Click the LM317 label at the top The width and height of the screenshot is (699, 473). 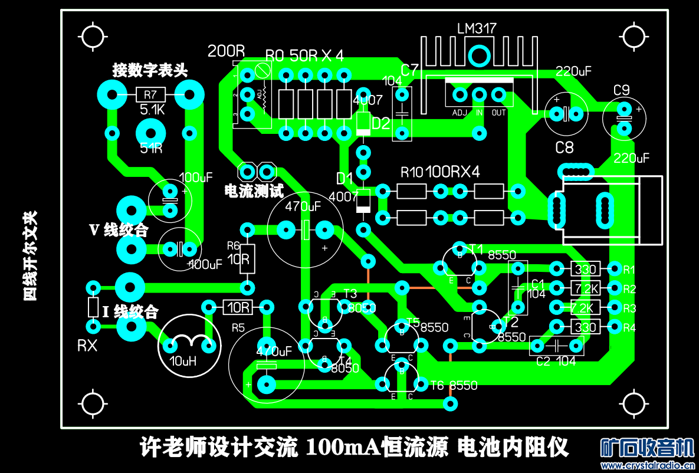[477, 28]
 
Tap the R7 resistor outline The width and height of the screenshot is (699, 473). [150, 94]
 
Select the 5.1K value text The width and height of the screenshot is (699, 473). [152, 110]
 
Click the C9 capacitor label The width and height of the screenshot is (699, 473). [622, 90]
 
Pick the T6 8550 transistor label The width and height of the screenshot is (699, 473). [454, 386]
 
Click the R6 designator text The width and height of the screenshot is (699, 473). [234, 245]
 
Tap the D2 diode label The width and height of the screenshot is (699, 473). [381, 124]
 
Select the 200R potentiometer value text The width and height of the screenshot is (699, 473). [226, 51]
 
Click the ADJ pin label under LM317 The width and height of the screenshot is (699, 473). [460, 112]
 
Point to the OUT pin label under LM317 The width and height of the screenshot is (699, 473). [499, 112]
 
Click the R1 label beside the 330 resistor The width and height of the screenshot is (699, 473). [629, 270]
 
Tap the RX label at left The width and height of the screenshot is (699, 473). [87, 346]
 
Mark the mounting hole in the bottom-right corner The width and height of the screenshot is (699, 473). [635, 405]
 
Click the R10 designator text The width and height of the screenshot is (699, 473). [412, 172]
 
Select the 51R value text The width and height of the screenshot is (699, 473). [152, 148]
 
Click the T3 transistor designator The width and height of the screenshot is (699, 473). [350, 294]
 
